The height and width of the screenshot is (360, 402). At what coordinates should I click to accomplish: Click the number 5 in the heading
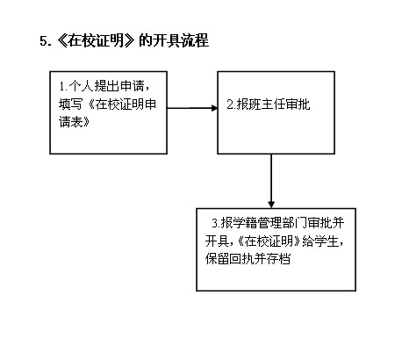43,41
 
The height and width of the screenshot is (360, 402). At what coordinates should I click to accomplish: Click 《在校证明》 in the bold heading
96,40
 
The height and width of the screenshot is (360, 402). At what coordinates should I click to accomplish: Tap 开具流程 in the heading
181,40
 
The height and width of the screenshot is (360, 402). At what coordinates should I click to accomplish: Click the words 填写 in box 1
70,104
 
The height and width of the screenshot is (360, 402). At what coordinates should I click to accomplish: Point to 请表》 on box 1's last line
75,121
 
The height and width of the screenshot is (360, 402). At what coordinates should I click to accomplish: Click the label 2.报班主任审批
269,104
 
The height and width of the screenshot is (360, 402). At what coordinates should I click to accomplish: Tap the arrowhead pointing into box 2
215,108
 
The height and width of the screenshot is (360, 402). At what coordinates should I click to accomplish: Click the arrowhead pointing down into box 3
271,205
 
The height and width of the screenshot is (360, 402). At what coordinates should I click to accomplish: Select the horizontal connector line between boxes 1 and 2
192,108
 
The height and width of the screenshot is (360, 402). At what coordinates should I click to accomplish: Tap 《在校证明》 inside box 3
269,241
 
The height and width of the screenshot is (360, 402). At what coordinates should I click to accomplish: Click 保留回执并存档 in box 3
248,259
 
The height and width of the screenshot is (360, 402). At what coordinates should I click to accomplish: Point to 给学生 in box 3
320,241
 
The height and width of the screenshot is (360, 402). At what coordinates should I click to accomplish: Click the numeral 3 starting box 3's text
215,224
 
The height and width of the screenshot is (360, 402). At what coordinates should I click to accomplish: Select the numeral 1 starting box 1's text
61,87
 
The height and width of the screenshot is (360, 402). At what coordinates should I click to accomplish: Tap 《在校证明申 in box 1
122,104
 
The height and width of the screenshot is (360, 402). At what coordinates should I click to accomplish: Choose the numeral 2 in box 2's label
230,104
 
